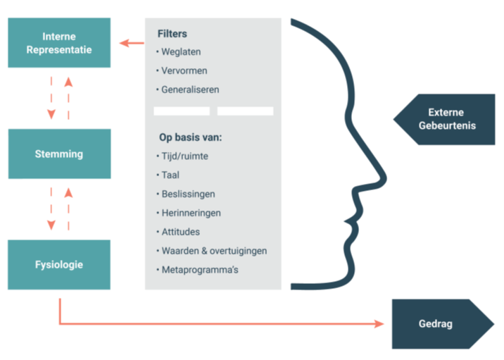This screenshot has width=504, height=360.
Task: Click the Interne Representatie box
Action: click(x=59, y=43)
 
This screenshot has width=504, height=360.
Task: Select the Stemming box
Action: click(x=59, y=154)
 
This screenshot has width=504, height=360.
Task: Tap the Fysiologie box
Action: click(x=59, y=265)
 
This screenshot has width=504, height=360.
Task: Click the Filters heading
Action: click(x=172, y=34)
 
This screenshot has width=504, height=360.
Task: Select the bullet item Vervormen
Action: click(x=184, y=70)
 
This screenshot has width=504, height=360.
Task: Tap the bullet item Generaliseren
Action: click(x=190, y=89)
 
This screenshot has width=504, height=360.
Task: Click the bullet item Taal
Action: click(x=170, y=175)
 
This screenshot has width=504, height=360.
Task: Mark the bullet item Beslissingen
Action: click(x=188, y=194)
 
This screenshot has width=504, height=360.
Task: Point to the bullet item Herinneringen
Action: click(x=191, y=212)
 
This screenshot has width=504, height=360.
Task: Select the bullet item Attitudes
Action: click(x=181, y=231)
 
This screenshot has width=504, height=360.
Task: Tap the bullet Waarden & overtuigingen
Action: click(x=213, y=250)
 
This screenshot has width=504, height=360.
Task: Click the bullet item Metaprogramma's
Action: click(x=200, y=269)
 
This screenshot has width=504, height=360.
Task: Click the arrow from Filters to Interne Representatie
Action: click(x=132, y=44)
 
